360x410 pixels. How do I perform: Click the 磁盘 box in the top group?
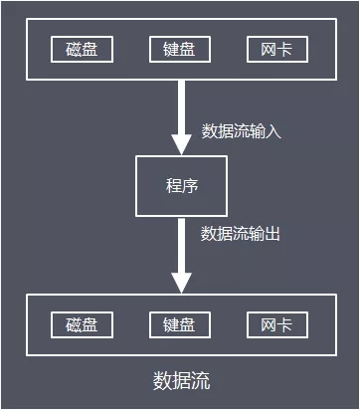pyautogui.click(x=82, y=49)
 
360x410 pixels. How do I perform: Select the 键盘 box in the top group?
pyautogui.click(x=180, y=49)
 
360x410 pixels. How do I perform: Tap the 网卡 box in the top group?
pyautogui.click(x=277, y=49)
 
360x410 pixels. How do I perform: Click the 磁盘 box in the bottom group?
pyautogui.click(x=82, y=325)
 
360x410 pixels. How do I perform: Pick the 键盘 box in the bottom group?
pyautogui.click(x=180, y=325)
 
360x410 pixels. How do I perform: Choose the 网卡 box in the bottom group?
pyautogui.click(x=277, y=325)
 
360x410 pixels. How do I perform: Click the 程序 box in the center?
pyautogui.click(x=181, y=186)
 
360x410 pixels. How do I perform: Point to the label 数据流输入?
pyautogui.click(x=242, y=131)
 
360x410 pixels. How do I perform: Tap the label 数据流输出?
pyautogui.click(x=242, y=234)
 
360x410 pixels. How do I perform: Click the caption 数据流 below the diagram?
pyautogui.click(x=181, y=381)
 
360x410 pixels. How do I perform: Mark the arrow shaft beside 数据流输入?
pyautogui.click(x=181, y=104)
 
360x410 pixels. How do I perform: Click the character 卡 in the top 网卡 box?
pyautogui.click(x=286, y=49)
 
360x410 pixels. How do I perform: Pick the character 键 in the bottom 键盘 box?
pyautogui.click(x=171, y=325)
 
